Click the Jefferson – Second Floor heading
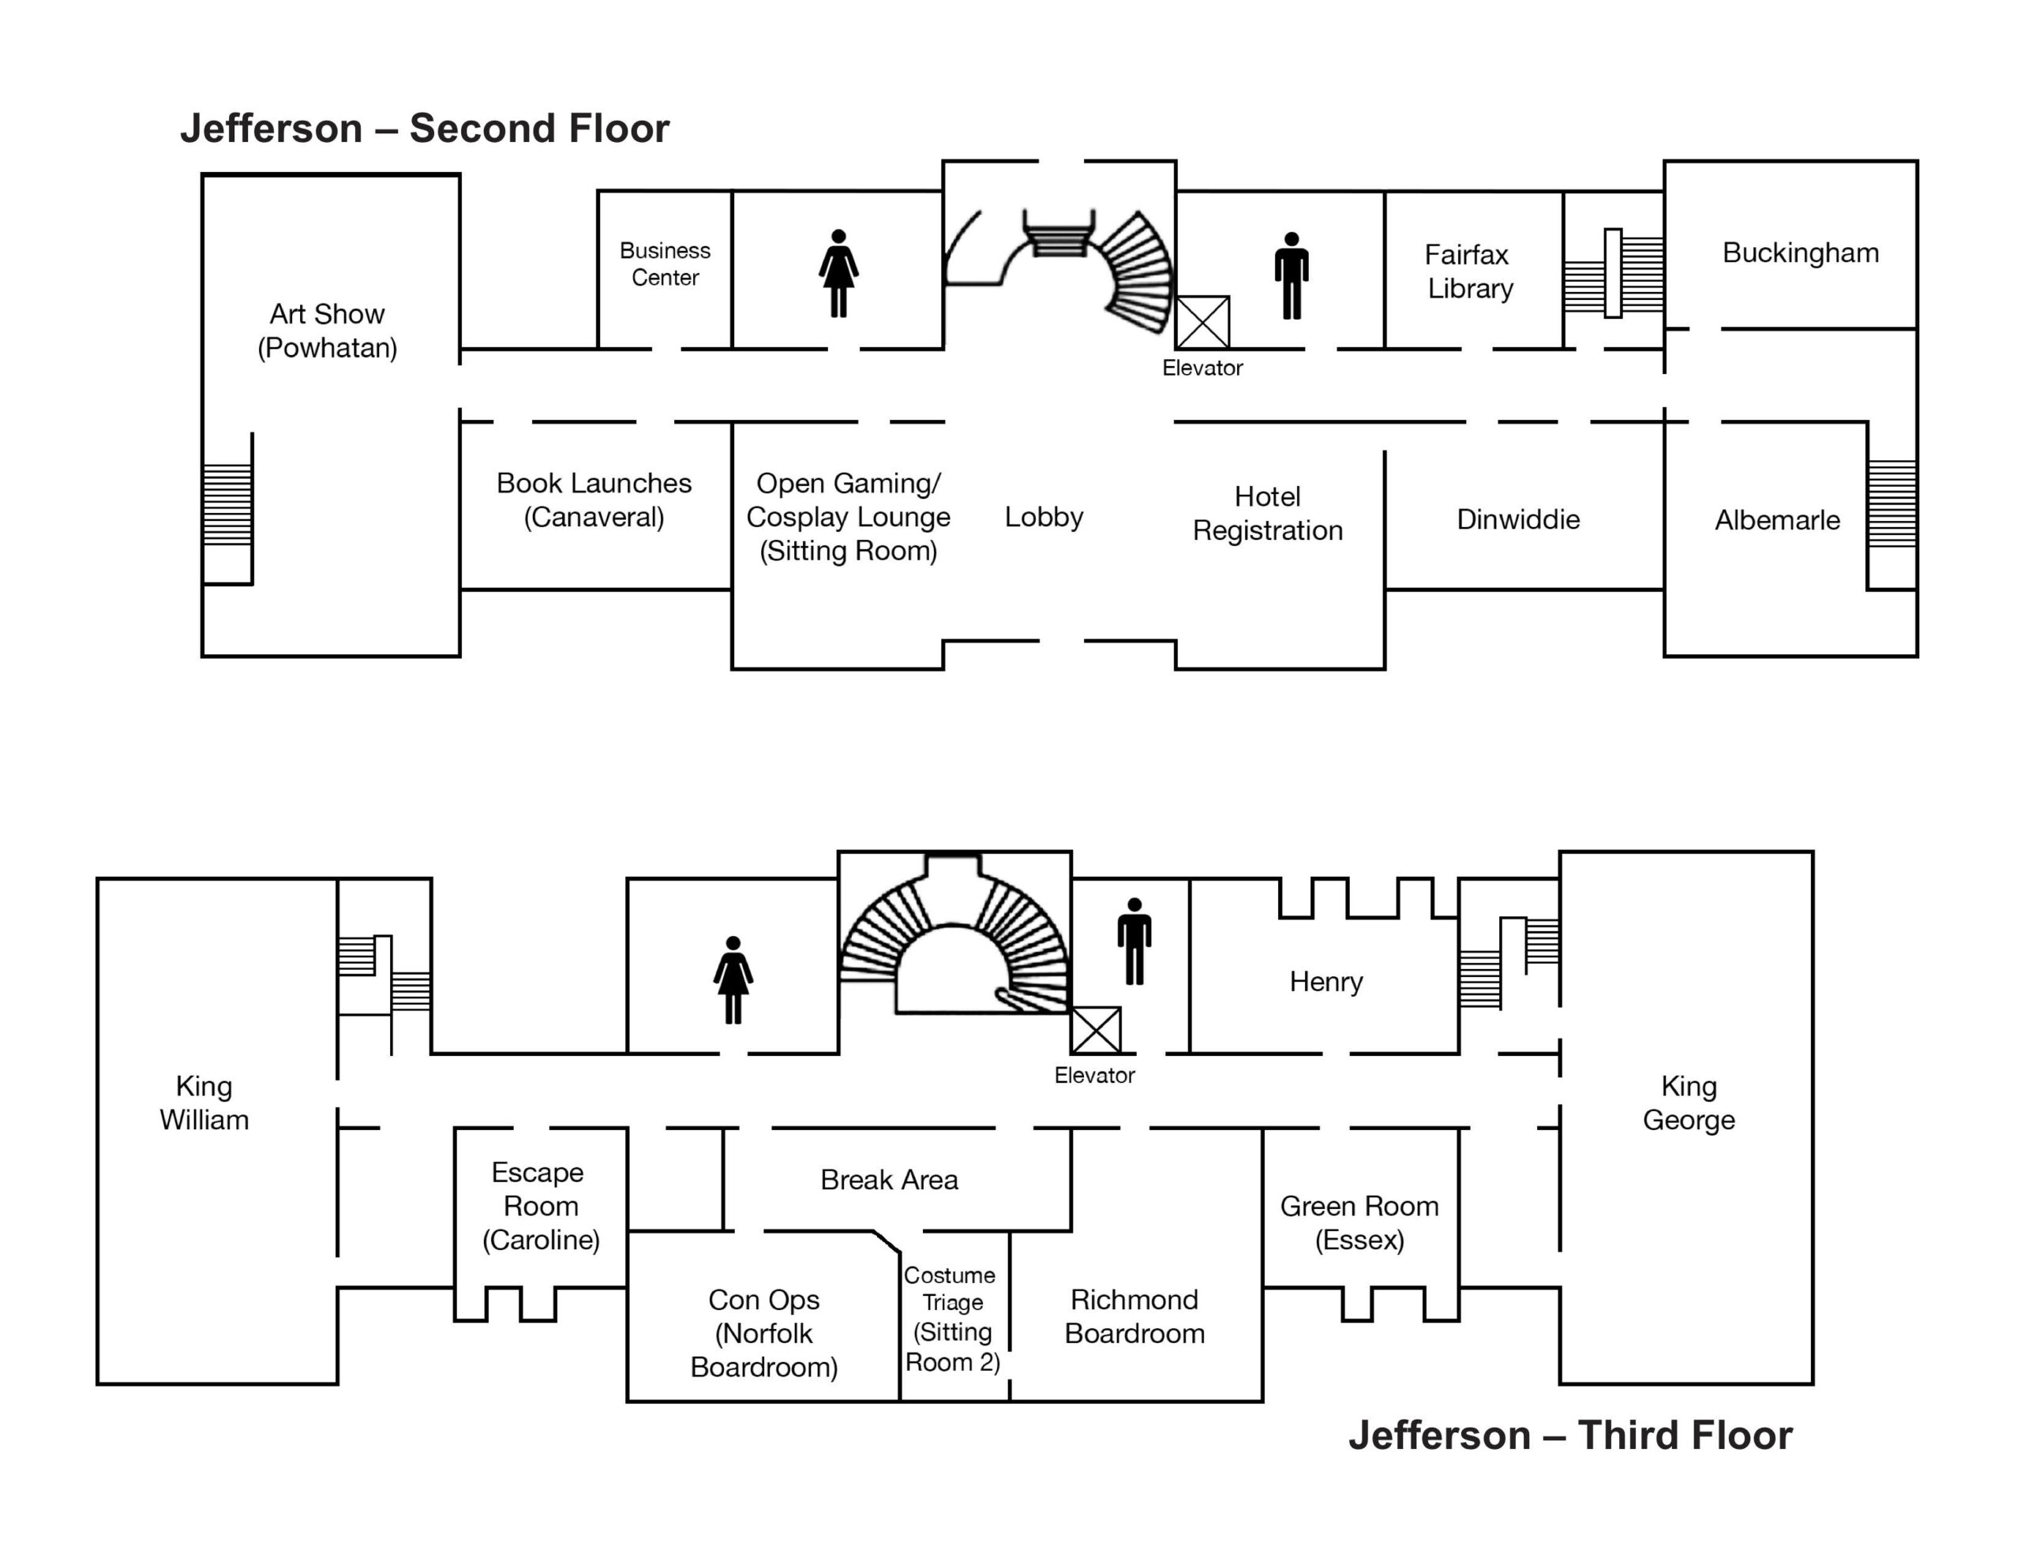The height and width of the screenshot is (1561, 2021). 424,129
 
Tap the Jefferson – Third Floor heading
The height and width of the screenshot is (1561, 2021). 1569,1436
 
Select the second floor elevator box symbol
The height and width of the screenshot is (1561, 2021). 1202,322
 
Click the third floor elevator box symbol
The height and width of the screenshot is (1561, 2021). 1096,1030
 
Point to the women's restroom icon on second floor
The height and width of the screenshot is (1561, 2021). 838,274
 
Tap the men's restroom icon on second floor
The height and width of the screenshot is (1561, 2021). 1291,275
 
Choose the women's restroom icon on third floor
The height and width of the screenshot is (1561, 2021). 733,980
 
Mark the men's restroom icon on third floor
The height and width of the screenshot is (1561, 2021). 1134,941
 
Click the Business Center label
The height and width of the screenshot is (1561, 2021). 665,264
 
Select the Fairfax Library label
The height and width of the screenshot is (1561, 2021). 1468,271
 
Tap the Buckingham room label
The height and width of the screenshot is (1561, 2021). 1800,253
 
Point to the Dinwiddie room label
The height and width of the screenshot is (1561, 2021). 1517,519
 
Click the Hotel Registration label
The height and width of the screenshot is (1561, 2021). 1267,514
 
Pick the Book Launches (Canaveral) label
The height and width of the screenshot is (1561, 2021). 594,500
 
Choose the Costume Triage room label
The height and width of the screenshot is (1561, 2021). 951,1318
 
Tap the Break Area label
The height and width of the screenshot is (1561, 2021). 888,1180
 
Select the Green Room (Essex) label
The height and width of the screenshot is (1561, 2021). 1359,1222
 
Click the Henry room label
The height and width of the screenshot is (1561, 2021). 1325,981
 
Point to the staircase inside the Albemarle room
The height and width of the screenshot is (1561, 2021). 1892,503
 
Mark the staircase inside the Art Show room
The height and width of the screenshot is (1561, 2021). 227,504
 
